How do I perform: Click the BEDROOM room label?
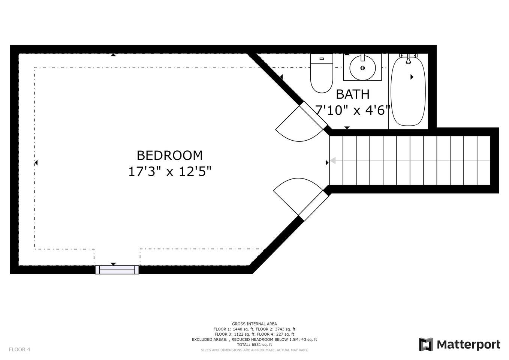coord(169,156)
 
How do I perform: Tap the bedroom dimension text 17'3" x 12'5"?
coord(170,171)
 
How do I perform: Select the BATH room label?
coord(353,94)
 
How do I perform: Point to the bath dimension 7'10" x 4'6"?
coord(352,111)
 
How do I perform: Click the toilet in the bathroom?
coord(322,73)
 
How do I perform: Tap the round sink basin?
coord(362,68)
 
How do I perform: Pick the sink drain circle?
coord(363,68)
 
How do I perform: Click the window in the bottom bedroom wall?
coord(117,270)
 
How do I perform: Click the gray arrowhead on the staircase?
coord(333,160)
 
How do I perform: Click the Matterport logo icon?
coord(426,345)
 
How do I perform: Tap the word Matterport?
coord(469,345)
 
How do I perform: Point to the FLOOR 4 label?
coord(19,349)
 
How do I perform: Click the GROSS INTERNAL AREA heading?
coord(254,324)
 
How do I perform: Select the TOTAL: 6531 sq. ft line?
coord(254,345)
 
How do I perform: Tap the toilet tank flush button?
coord(322,58)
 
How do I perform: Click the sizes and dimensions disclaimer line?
coord(254,350)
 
